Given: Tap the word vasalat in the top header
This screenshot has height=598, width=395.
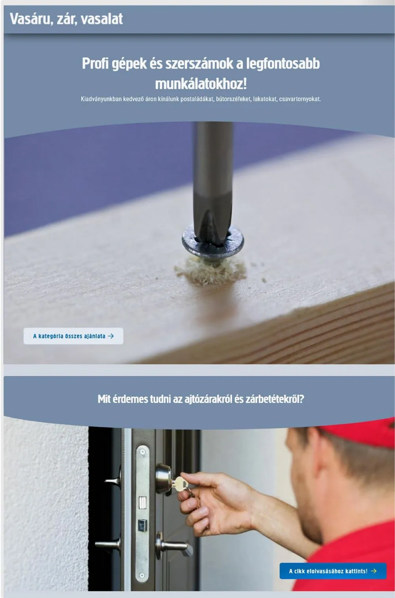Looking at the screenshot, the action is click(102, 19).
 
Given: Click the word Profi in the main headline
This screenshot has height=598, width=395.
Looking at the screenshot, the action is click(95, 64).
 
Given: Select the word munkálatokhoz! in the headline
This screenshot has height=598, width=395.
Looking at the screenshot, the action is click(201, 84).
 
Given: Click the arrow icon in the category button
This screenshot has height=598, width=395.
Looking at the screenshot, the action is click(111, 336).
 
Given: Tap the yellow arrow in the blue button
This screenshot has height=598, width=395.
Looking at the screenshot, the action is click(374, 571).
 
